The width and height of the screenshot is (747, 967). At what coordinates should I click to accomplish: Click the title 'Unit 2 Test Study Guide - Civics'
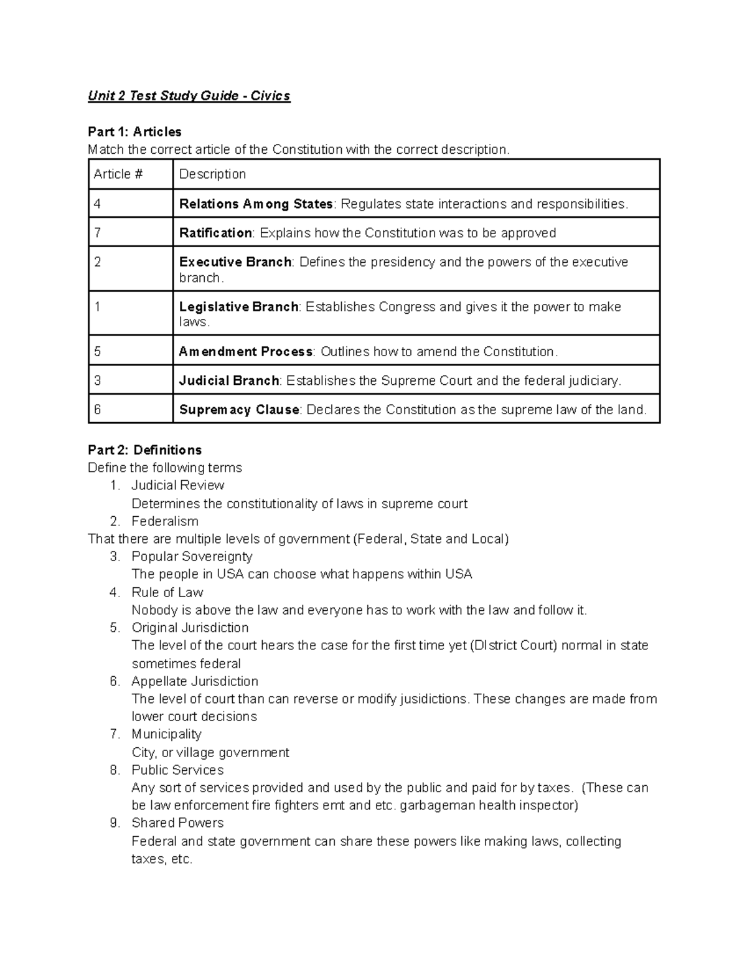[x=189, y=96]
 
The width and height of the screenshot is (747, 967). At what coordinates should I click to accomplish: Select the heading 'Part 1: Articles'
[x=134, y=132]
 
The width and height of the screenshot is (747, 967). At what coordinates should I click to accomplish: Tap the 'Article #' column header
[x=118, y=174]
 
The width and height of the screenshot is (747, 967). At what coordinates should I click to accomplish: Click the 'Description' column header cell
[x=212, y=174]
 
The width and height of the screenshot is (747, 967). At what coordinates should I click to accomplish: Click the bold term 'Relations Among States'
[x=256, y=204]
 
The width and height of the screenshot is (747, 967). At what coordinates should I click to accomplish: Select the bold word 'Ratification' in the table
[x=215, y=233]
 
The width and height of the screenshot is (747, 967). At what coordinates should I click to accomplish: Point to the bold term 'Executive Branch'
[x=235, y=262]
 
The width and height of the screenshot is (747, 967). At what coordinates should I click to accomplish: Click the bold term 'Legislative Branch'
[x=239, y=307]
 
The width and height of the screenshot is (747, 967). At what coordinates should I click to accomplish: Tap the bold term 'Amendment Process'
[x=246, y=352]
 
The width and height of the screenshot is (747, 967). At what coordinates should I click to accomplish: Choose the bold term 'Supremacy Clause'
[x=240, y=410]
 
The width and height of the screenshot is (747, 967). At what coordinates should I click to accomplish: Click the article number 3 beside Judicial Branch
[x=98, y=380]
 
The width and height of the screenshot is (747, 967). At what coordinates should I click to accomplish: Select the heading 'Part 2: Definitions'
[x=144, y=450]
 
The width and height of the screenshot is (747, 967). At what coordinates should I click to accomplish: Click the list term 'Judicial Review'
[x=177, y=485]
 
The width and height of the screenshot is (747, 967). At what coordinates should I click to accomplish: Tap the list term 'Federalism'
[x=165, y=521]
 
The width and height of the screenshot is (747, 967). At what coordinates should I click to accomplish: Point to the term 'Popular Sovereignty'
[x=192, y=557]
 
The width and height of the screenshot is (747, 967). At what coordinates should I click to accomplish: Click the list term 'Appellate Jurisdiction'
[x=195, y=681]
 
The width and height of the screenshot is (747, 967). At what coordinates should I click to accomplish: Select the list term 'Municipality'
[x=166, y=734]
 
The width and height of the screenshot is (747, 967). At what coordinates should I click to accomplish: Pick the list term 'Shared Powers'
[x=177, y=823]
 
